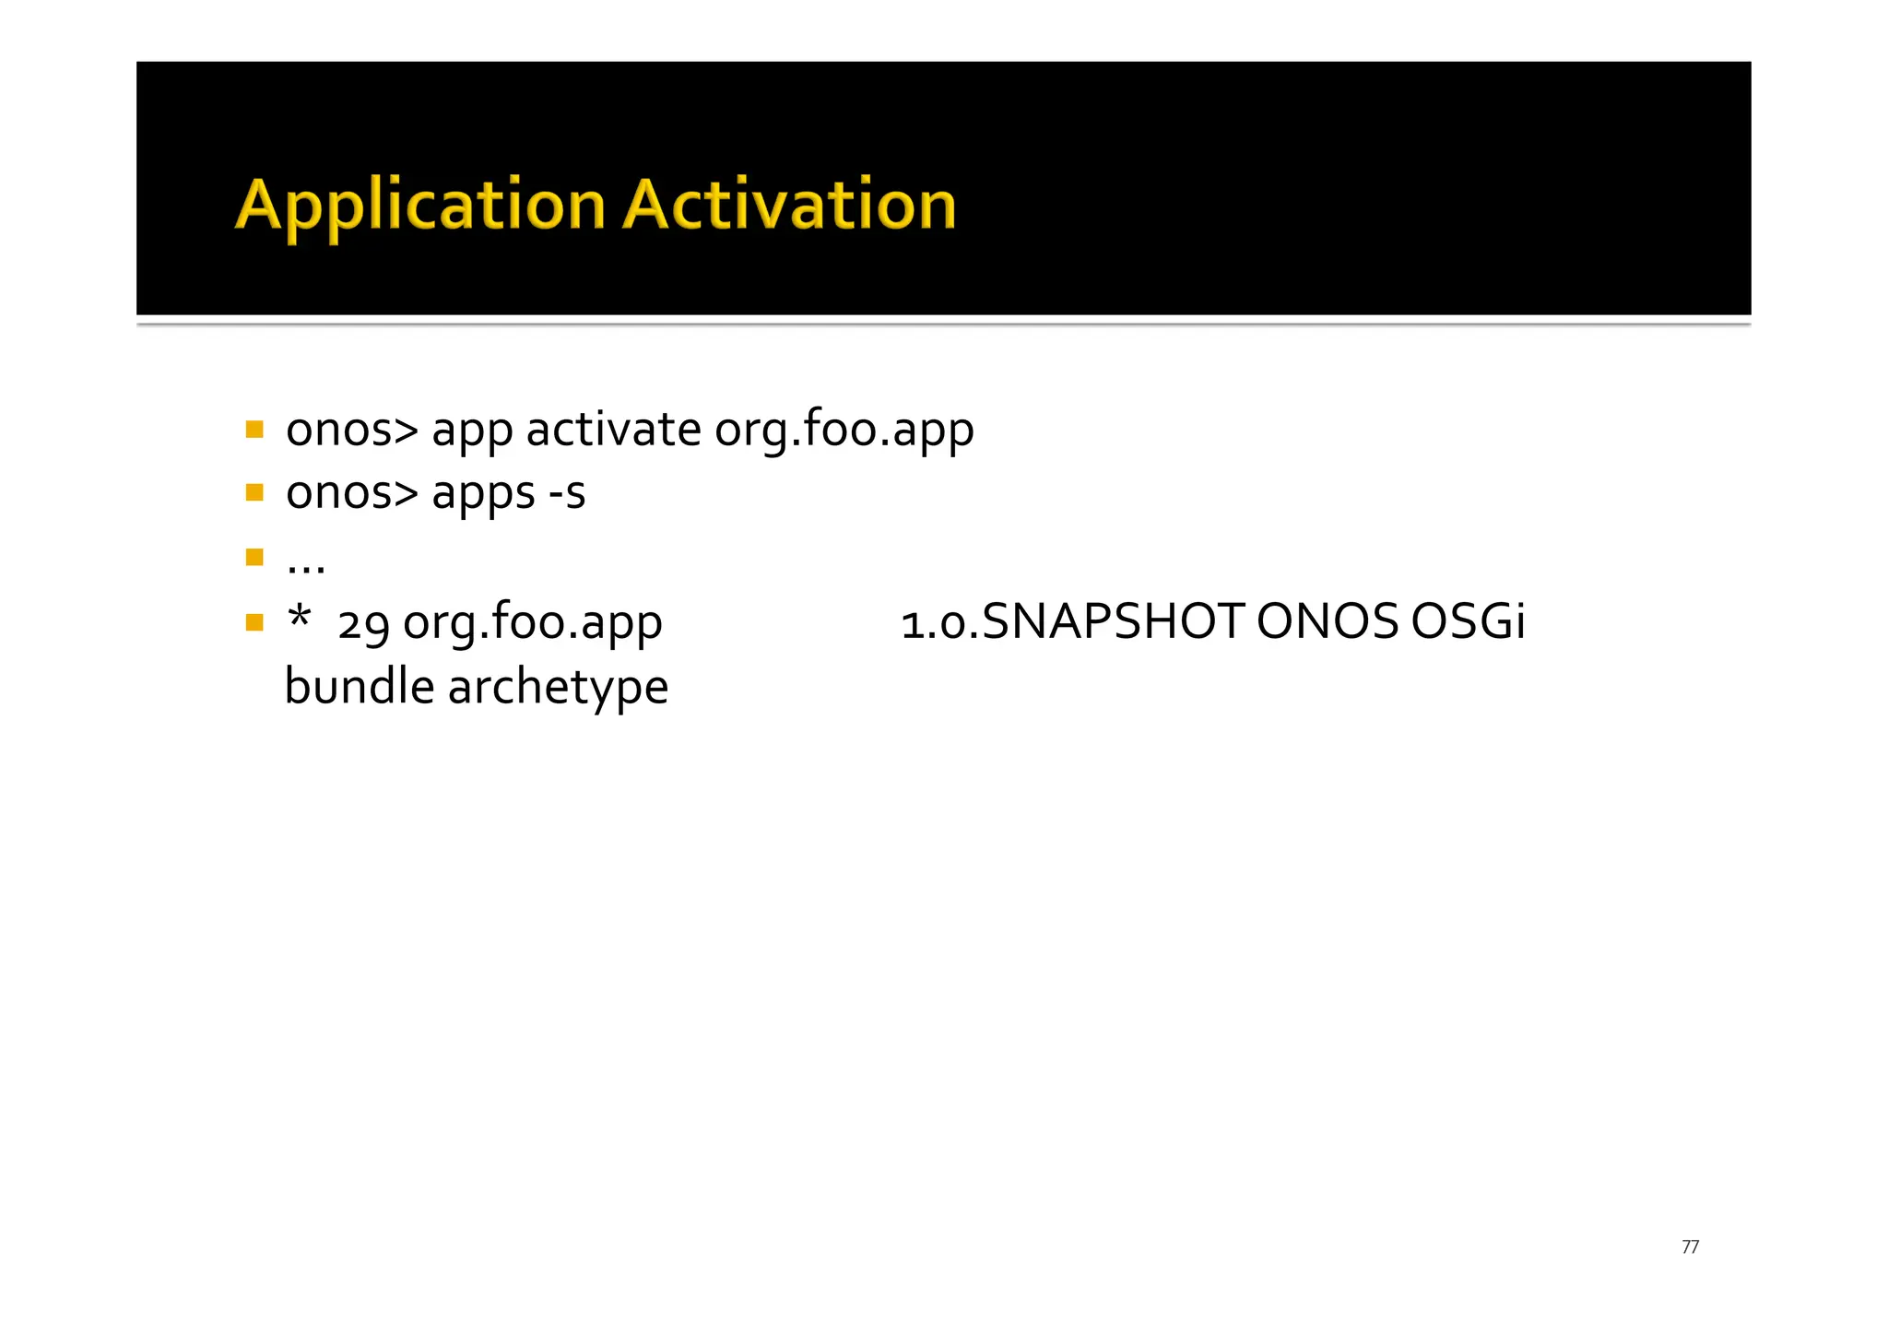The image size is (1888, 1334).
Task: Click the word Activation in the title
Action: click(x=789, y=205)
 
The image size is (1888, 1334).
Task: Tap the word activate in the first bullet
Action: click(x=613, y=431)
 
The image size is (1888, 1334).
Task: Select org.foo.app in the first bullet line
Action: click(x=844, y=431)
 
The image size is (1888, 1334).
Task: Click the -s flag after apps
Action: click(x=567, y=493)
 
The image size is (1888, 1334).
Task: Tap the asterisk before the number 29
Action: click(x=299, y=616)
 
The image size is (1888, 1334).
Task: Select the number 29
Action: click(x=364, y=624)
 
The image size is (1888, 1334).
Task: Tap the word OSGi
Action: click(x=1469, y=622)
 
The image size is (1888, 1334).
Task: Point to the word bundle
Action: click(x=360, y=687)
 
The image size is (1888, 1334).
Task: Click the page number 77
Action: click(x=1690, y=1247)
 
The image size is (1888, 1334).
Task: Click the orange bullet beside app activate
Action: click(x=255, y=430)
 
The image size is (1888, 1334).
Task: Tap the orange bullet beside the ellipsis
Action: click(x=255, y=557)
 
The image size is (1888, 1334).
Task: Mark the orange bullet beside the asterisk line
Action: click(x=255, y=622)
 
